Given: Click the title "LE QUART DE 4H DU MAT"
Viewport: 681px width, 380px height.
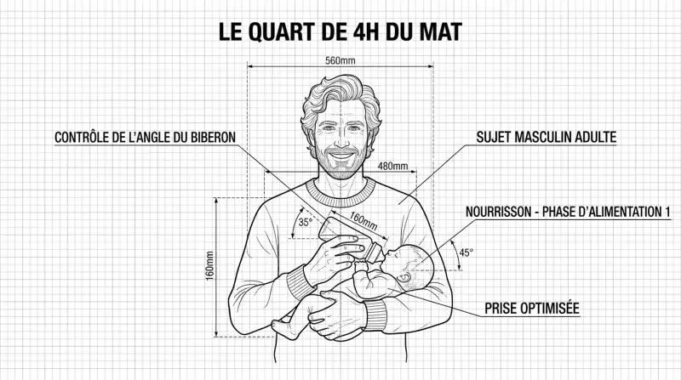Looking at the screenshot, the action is pos(340,32).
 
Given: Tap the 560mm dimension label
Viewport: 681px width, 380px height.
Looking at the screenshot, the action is pos(340,60).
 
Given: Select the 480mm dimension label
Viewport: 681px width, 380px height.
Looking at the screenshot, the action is pos(392,166).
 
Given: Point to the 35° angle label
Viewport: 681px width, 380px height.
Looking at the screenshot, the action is pos(306,222).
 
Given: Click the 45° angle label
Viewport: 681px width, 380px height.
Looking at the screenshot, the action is pos(466,252).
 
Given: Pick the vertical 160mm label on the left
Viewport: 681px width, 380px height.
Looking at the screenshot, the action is pos(210,266).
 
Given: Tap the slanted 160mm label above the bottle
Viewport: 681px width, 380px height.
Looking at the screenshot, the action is pos(363,221).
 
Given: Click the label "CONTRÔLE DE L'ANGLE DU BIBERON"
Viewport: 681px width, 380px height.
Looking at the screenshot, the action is pos(145,138).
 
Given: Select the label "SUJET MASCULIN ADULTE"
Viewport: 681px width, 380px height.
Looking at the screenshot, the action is pos(547,137).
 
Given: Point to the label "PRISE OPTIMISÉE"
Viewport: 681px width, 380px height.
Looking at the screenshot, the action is pos(532,309).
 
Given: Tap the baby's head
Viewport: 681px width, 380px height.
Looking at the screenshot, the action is pos(410,268).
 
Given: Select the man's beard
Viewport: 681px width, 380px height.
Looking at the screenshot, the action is pos(341,162).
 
